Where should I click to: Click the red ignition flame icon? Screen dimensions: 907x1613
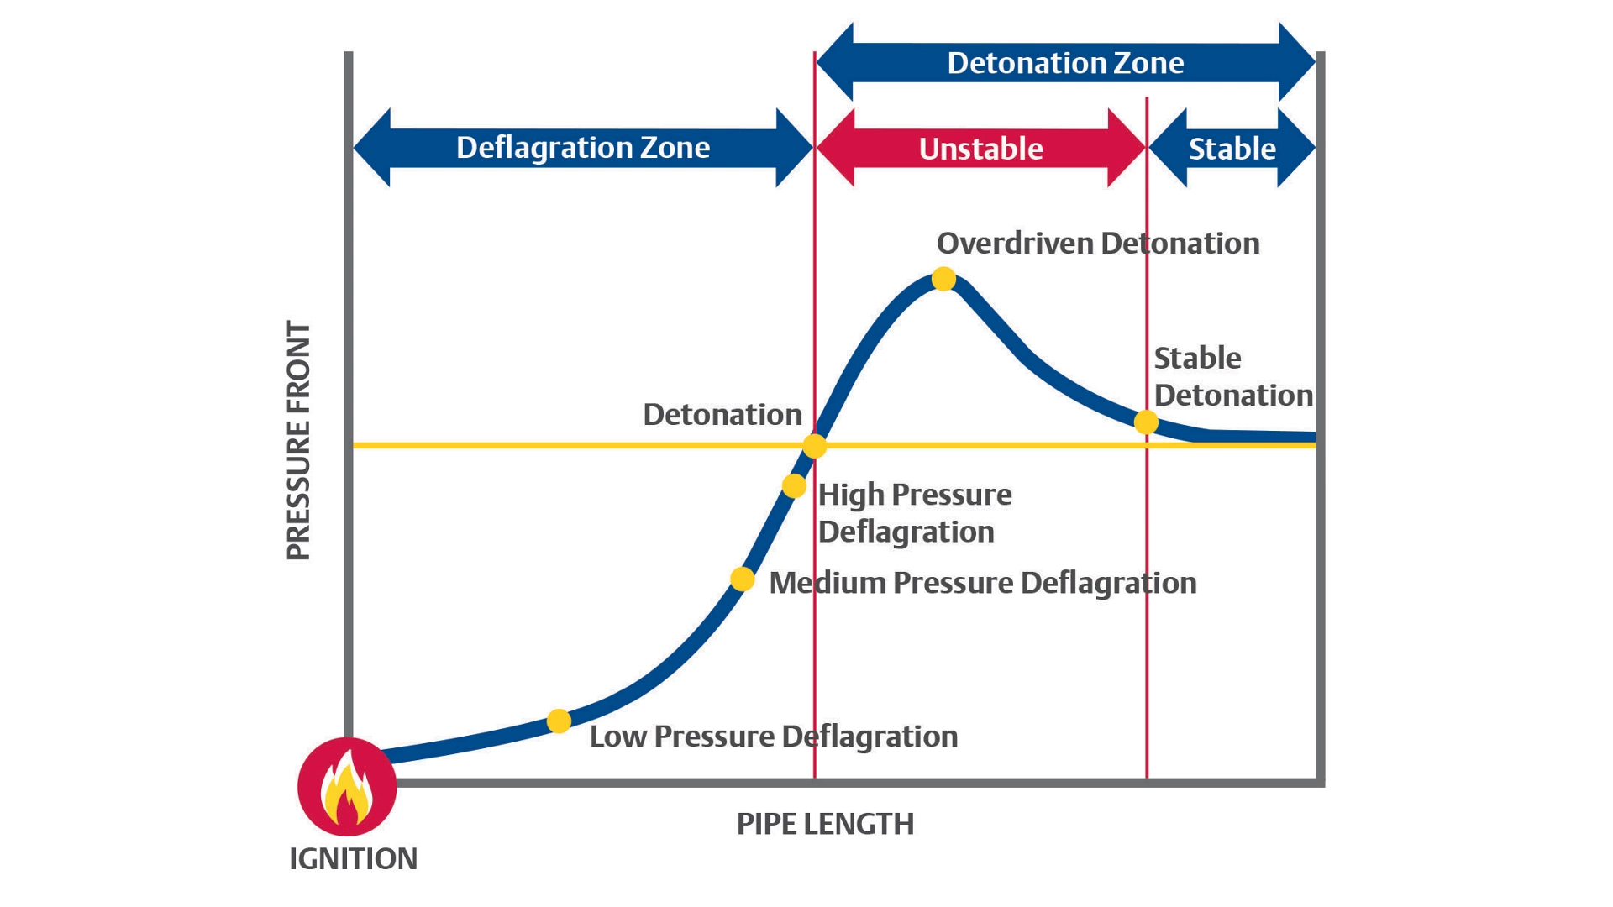click(347, 787)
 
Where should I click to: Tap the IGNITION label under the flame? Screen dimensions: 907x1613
click(353, 859)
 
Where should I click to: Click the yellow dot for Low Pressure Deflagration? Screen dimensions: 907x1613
click(559, 721)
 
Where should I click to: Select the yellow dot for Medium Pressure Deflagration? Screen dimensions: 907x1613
click(742, 579)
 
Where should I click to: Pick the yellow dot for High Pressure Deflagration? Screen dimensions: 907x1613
click(794, 485)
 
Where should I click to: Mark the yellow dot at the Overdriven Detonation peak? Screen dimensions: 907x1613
click(943, 279)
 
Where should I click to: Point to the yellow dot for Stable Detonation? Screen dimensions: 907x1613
click(1146, 422)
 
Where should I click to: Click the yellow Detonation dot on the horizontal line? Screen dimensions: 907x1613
click(814, 446)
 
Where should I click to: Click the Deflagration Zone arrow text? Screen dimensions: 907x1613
click(582, 148)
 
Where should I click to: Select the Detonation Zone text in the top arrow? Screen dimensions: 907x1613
click(1065, 63)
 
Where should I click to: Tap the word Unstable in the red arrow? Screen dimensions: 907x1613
click(980, 149)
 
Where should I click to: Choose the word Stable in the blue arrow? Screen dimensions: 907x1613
click(1232, 149)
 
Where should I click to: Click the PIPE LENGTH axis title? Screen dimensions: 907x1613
click(825, 824)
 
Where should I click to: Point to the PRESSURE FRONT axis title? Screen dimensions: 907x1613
click(299, 440)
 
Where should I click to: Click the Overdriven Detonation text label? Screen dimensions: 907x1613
click(1097, 244)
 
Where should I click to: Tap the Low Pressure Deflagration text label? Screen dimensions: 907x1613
click(773, 737)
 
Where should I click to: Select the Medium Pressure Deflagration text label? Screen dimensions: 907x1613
click(982, 583)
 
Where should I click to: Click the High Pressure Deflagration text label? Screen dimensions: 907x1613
click(914, 513)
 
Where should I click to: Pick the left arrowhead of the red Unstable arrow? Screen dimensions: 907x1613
click(835, 148)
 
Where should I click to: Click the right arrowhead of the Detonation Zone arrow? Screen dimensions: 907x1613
click(1297, 63)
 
